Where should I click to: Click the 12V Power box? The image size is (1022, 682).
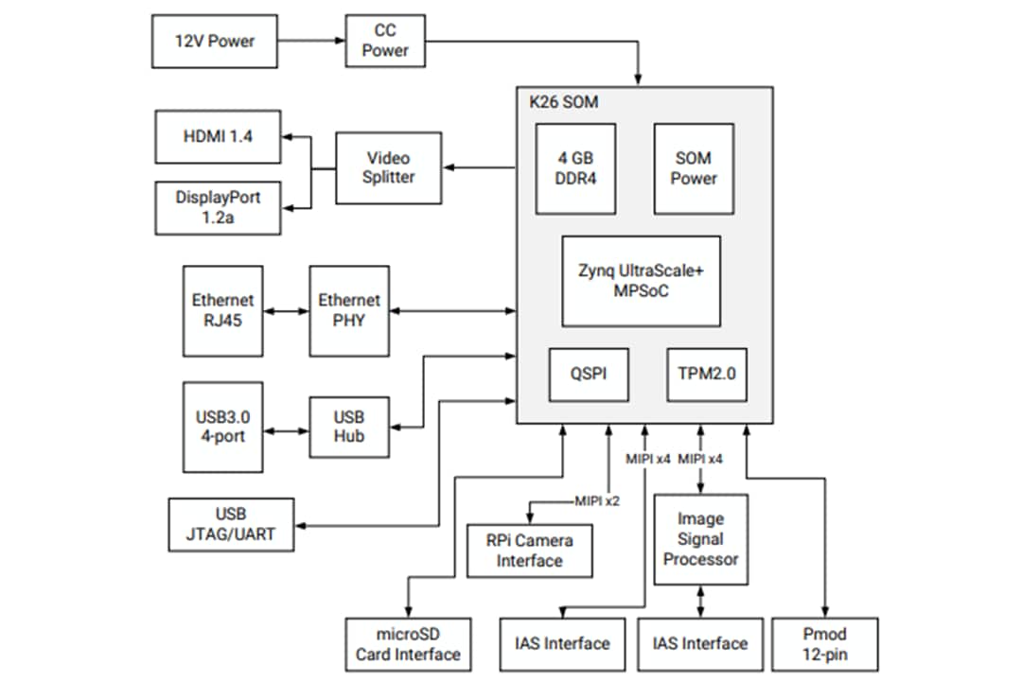coord(214,41)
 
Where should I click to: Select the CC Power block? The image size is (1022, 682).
coord(384,41)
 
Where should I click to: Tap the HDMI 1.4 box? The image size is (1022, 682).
coord(217,136)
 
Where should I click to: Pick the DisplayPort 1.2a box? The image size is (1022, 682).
coord(217,208)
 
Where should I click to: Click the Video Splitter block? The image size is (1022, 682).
coord(388,167)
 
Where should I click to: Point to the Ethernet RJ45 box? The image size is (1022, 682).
coord(222,310)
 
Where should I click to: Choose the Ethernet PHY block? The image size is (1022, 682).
coord(348,310)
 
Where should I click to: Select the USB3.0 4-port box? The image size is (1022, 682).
coord(222,427)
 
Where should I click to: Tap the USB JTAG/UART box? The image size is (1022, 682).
coord(231,524)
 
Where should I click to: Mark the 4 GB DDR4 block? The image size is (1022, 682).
coord(575,168)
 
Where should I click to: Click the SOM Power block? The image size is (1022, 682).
coord(694,168)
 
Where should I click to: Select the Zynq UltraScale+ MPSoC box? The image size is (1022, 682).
coord(641,281)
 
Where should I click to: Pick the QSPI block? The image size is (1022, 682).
coord(590,375)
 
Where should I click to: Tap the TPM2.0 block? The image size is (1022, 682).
coord(706,375)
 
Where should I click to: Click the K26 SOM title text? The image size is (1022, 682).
coord(564,102)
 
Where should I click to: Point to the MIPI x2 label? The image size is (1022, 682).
coord(597,500)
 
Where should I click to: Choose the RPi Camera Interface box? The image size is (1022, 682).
coord(530,551)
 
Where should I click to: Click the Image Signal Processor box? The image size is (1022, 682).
coord(700,539)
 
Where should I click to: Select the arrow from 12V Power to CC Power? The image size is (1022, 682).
coord(311,41)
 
